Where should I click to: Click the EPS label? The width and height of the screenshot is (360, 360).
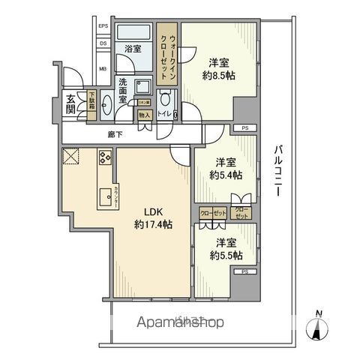tap(103, 28)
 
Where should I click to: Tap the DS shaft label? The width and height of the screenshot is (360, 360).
tap(103, 44)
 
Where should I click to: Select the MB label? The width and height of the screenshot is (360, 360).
tap(103, 72)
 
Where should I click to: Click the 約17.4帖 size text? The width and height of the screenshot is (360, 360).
tap(151, 226)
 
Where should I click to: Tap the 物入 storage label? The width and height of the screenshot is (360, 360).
tap(144, 115)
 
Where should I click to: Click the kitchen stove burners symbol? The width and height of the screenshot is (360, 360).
tap(104, 158)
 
